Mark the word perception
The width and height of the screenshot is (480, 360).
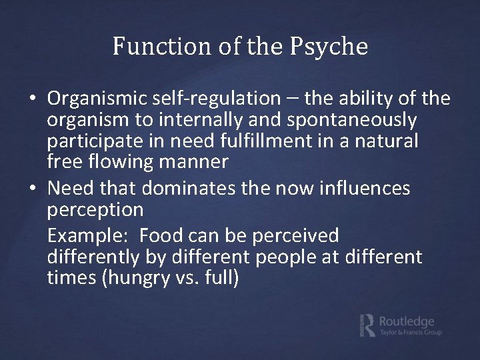tap(95, 210)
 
